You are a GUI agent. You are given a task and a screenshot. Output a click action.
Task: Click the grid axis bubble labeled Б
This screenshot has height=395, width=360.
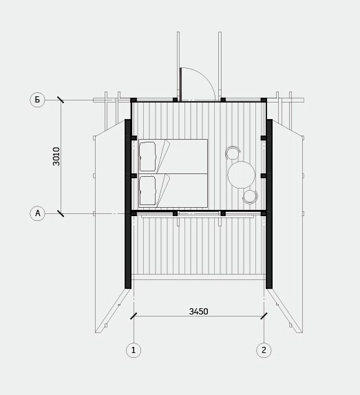point(37,100)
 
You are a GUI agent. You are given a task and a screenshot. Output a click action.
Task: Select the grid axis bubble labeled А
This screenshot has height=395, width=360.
point(38,213)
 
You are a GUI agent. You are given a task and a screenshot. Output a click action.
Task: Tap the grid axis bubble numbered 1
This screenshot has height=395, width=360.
point(134,350)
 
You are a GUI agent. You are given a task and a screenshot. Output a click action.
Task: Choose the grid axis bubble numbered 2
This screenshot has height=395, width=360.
point(264,350)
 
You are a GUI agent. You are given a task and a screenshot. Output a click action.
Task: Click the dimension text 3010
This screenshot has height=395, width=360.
point(56,156)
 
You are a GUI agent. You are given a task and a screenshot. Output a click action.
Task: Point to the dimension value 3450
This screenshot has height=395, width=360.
point(198,312)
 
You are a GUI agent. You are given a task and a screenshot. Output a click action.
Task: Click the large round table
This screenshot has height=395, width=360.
point(242,175)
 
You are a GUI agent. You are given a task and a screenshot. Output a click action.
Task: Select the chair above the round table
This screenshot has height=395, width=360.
point(233,152)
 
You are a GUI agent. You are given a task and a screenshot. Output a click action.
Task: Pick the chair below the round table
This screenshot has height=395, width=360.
point(250,197)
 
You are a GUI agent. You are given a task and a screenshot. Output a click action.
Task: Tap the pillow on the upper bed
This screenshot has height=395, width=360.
point(147,156)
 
